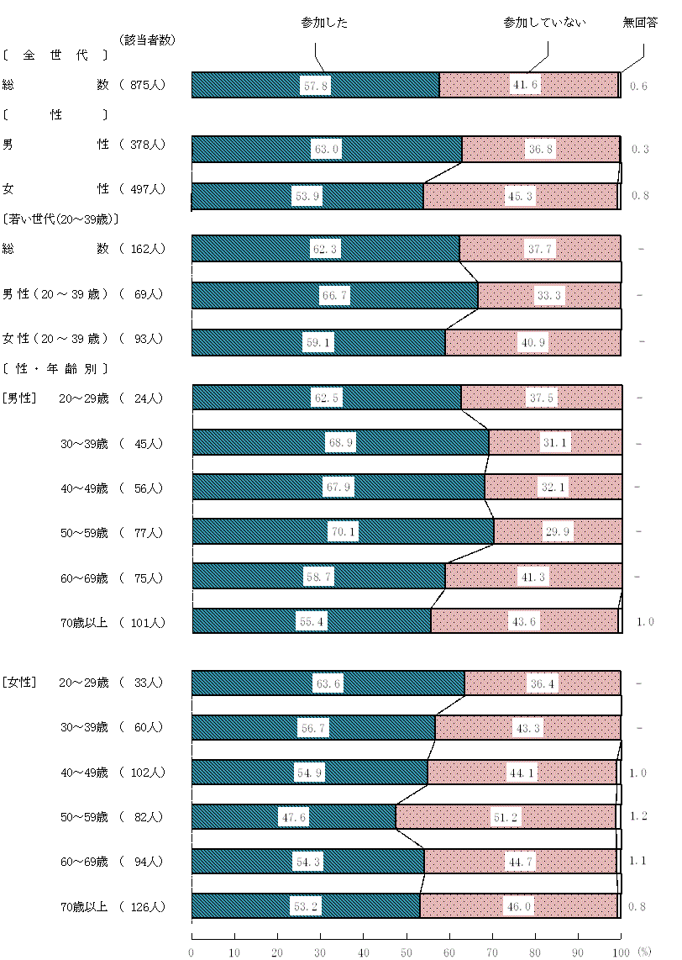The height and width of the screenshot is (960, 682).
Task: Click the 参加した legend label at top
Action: [324, 23]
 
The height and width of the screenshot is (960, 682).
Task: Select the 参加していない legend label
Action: [544, 23]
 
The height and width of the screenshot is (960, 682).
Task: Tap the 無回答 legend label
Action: [640, 23]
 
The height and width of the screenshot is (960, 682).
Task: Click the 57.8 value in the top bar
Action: [315, 86]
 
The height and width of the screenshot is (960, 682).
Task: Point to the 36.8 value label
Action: [541, 150]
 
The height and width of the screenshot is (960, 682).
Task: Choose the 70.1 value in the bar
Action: [340, 532]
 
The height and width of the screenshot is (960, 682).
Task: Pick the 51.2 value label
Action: [506, 817]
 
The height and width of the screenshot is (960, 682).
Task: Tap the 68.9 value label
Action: [339, 443]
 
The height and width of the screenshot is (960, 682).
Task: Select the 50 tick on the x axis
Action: [407, 952]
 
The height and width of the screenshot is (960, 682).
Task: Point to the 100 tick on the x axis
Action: [620, 952]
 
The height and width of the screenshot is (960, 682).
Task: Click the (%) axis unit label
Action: [643, 952]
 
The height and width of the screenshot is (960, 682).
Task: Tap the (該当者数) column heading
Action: [147, 40]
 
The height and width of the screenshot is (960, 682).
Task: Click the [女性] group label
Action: [19, 683]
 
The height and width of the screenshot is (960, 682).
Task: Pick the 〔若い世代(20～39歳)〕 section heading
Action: [60, 219]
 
